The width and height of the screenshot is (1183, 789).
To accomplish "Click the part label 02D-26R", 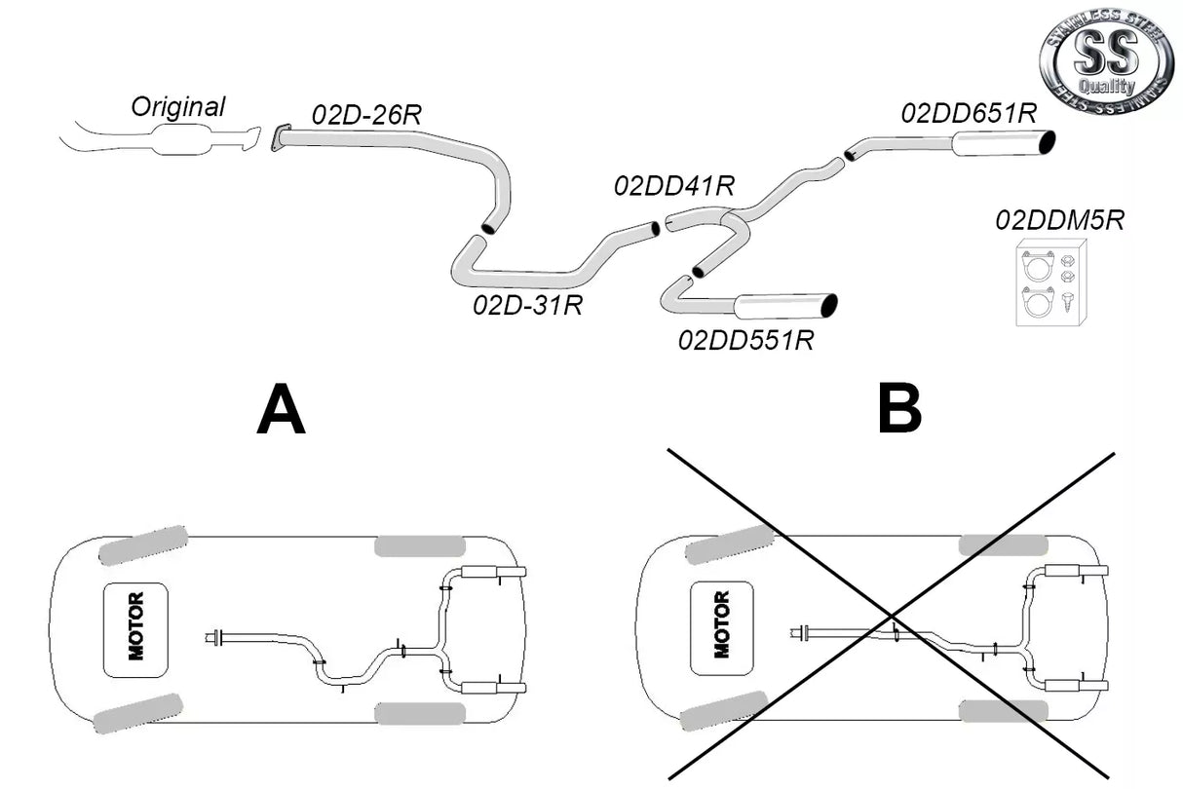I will tap(366, 113).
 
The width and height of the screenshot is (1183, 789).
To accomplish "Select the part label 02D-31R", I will tap(527, 305).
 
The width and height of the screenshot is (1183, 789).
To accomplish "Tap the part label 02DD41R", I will tap(673, 185).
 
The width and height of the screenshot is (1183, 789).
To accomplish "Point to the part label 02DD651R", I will tap(969, 113).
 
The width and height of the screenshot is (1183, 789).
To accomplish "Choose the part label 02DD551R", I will tap(746, 340).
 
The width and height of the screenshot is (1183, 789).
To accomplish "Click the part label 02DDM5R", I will tap(1059, 220).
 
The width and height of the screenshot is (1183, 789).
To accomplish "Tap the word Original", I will tap(178, 106).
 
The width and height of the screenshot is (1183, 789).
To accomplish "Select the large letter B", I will tap(898, 410).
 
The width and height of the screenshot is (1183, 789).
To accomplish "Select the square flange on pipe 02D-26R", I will tap(281, 138).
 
